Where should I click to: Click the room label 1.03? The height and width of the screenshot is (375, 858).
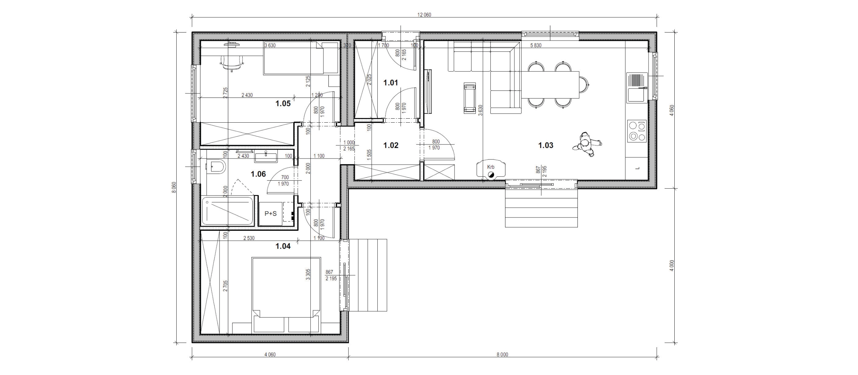(546, 145)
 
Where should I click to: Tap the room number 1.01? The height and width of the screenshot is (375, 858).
(390, 83)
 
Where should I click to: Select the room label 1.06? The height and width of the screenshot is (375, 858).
(258, 174)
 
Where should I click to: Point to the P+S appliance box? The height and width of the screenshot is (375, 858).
(270, 213)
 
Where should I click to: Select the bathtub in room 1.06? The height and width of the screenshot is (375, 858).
(228, 211)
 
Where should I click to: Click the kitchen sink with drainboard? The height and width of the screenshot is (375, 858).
(636, 88)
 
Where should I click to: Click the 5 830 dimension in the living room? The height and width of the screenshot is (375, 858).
(536, 46)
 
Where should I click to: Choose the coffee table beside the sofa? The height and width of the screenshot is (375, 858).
(470, 98)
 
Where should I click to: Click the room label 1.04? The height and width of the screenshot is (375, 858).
(283, 247)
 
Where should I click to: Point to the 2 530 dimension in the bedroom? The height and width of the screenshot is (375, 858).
(249, 238)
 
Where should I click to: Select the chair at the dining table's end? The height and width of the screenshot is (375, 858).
(584, 85)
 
